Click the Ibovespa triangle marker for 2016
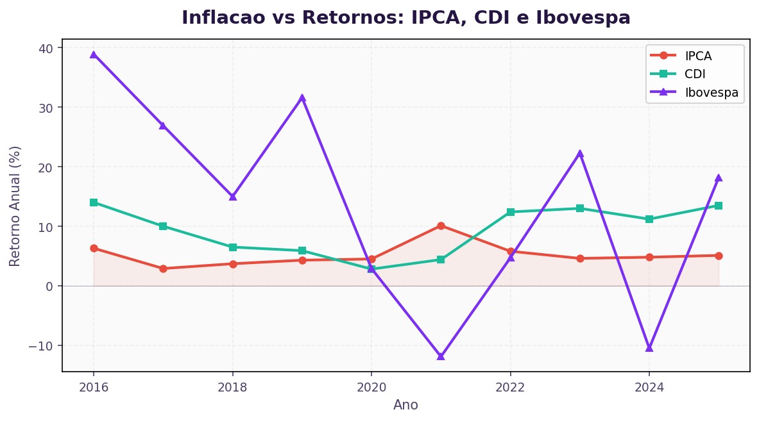pyautogui.click(x=94, y=54)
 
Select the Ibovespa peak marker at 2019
pyautogui.click(x=302, y=98)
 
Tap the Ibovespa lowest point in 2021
pyautogui.click(x=441, y=356)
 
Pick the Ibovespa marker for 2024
pyautogui.click(x=649, y=348)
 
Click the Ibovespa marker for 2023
pyautogui.click(x=580, y=154)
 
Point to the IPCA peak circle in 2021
pyautogui.click(x=441, y=226)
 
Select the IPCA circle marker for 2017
pyautogui.click(x=163, y=268)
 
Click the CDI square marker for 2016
pyautogui.click(x=94, y=202)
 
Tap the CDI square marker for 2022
pyautogui.click(x=511, y=212)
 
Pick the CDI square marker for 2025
pyautogui.click(x=719, y=206)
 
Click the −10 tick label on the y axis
pyautogui.click(x=44, y=345)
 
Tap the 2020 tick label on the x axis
pyautogui.click(x=371, y=387)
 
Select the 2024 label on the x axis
pyautogui.click(x=649, y=387)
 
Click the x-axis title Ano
pyautogui.click(x=405, y=405)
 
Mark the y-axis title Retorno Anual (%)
pyautogui.click(x=15, y=206)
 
